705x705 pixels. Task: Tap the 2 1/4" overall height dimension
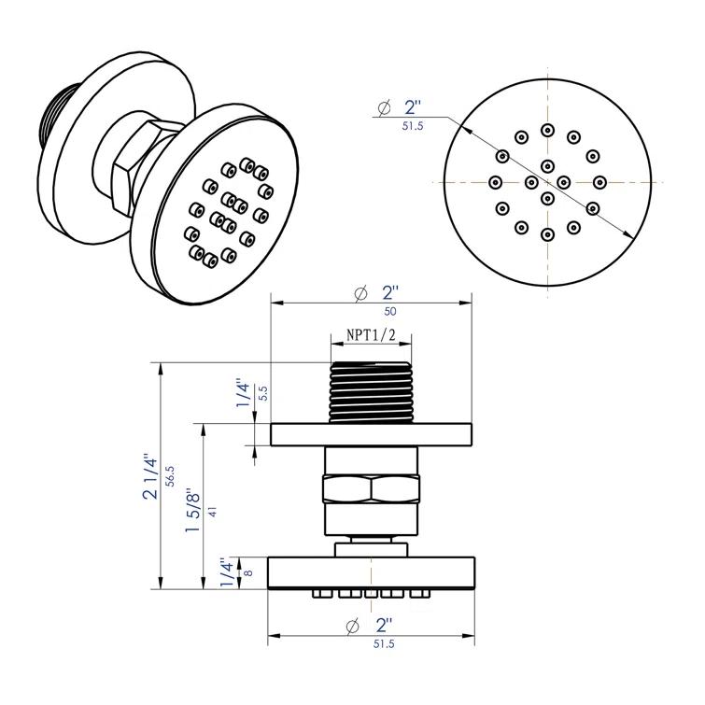click(150, 476)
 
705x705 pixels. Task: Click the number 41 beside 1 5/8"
click(214, 511)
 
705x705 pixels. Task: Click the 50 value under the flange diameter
click(371, 311)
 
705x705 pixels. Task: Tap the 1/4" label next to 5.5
click(244, 393)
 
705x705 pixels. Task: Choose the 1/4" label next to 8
click(228, 570)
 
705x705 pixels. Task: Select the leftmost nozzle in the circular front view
click(496, 181)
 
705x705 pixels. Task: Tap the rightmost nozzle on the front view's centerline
click(599, 181)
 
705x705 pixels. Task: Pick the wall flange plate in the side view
click(371, 434)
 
